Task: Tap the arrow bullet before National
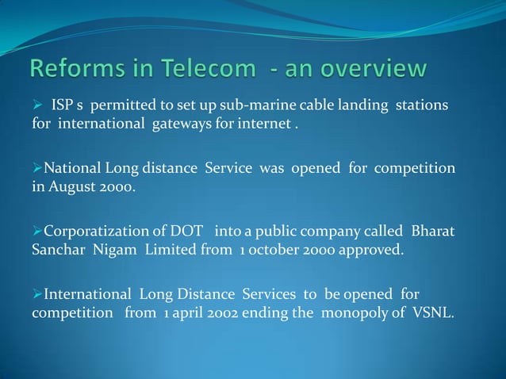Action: (x=36, y=169)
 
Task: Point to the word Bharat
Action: (x=433, y=232)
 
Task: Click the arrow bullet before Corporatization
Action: (x=36, y=232)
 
